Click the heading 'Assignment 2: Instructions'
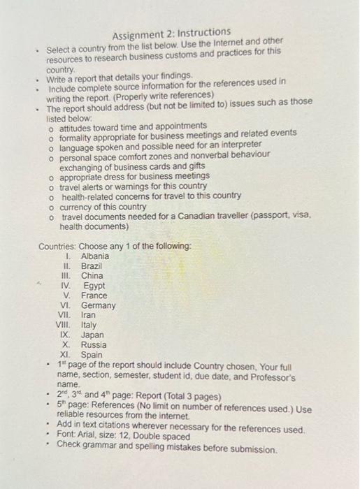(x=171, y=32)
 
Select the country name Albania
(x=95, y=256)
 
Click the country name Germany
(x=98, y=305)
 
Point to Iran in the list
(x=89, y=315)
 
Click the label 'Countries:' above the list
(x=57, y=246)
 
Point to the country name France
(x=94, y=295)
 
